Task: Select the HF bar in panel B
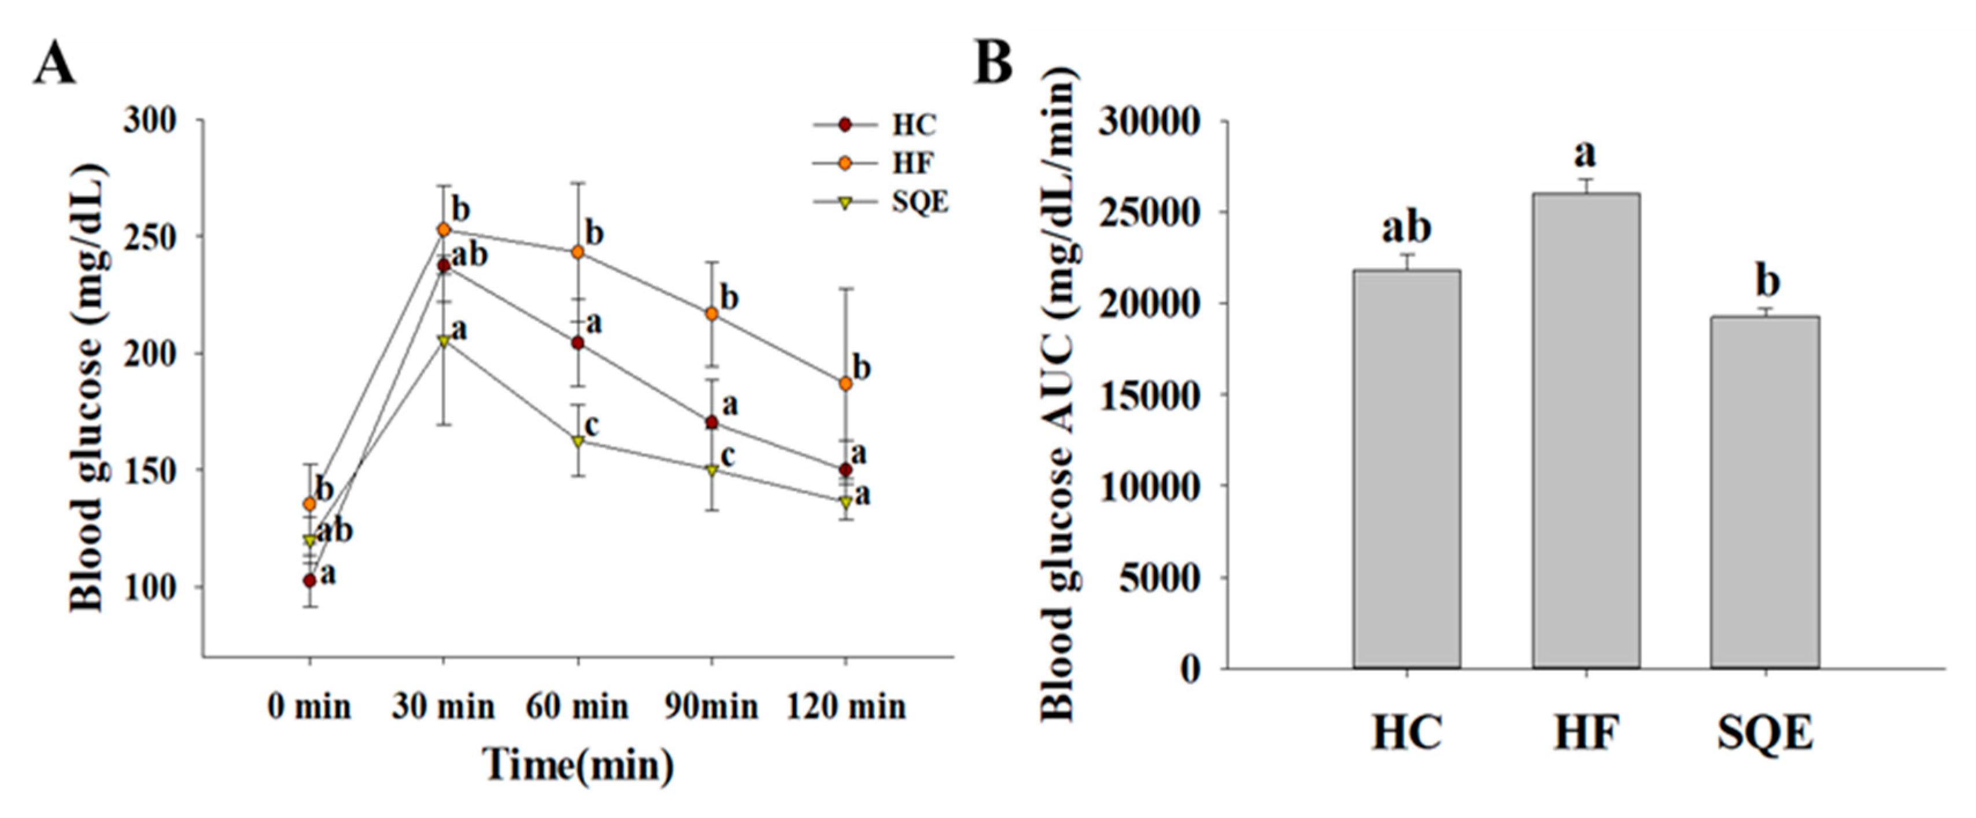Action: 1586,430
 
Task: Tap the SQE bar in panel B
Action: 1765,491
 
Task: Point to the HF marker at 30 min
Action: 444,230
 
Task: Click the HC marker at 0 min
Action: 310,580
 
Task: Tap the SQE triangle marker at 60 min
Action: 578,442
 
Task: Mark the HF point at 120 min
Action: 845,383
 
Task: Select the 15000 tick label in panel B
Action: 1148,395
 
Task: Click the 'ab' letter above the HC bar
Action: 1407,228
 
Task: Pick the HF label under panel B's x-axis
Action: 1586,734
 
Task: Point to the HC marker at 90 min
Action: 711,423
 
